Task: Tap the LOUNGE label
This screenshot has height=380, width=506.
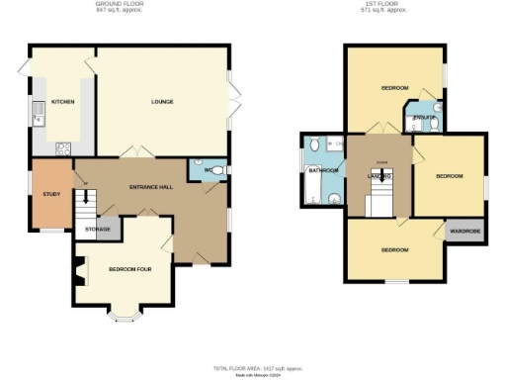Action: pos(163,102)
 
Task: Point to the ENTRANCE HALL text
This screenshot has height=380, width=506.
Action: pos(151,187)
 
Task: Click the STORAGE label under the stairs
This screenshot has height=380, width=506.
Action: pos(97,230)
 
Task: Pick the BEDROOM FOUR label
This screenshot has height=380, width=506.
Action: pos(127,269)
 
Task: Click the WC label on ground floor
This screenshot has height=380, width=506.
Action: pos(209,170)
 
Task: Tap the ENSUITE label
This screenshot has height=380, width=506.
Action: pos(423,119)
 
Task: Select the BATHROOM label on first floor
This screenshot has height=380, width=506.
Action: pos(323,170)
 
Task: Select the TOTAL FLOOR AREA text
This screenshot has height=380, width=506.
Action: pos(252,367)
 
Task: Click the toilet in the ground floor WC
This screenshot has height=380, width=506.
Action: pos(219,170)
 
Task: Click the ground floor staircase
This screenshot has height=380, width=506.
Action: pos(87,205)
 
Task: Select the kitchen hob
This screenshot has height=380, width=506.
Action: pos(64,148)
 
